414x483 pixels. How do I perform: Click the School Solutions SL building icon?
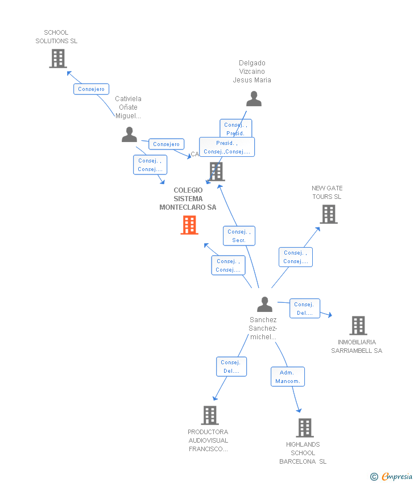point(57,59)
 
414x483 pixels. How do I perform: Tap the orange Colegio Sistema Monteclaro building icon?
point(189,225)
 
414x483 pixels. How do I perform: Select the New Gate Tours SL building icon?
point(328,214)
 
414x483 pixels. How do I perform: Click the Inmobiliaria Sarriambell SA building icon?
point(358,326)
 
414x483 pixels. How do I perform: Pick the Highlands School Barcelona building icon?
point(304,428)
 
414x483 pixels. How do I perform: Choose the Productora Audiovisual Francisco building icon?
point(209,415)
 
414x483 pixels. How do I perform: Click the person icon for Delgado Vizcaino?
point(254,99)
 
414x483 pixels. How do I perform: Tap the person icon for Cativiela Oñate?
point(129,135)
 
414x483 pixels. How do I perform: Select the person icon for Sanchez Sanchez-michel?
point(264,305)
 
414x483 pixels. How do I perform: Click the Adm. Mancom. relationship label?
point(288,377)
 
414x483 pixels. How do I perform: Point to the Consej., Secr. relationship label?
point(239,236)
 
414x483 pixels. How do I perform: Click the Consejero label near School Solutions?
point(91,89)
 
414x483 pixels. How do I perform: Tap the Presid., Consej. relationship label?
point(227,147)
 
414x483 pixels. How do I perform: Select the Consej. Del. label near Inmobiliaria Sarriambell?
point(304,309)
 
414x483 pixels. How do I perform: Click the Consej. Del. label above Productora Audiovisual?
point(231,367)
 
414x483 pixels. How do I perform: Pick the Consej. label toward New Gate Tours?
point(295,257)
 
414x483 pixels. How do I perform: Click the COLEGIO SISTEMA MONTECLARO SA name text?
point(188,199)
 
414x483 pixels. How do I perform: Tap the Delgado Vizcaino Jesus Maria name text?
point(252,72)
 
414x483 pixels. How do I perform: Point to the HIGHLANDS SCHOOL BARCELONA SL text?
point(303,453)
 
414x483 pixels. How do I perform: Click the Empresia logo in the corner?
point(392,476)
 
